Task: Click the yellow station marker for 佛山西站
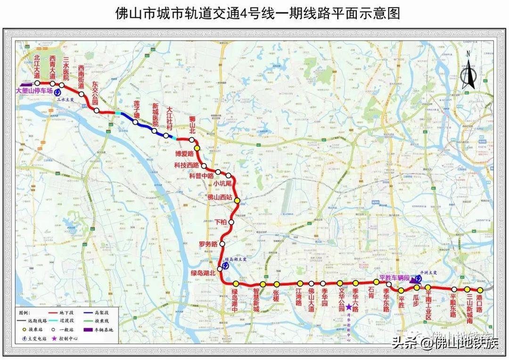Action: coord(237,201)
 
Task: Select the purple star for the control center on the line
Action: coord(349,307)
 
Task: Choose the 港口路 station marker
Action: coord(480,290)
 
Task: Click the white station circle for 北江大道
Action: coord(37,83)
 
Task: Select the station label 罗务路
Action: coord(208,244)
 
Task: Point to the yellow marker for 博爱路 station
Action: coord(197,148)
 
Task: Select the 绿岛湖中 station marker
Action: coord(236,284)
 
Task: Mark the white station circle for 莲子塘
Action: coord(135,122)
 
